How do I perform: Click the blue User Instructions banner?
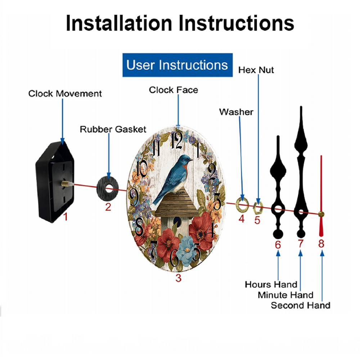pos(177,65)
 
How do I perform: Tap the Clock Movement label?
pos(65,94)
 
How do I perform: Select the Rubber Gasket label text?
pos(113,129)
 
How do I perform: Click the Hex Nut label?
pos(256,70)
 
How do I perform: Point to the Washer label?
pos(236,112)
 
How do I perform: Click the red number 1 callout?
pos(66,217)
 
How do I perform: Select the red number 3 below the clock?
pos(179,278)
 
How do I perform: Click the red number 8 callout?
pos(321,244)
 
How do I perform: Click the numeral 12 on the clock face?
pos(177,140)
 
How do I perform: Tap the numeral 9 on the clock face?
pos(134,197)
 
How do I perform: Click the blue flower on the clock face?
pos(187,251)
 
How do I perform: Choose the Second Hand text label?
pos(300,305)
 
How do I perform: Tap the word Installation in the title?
pos(119,23)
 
